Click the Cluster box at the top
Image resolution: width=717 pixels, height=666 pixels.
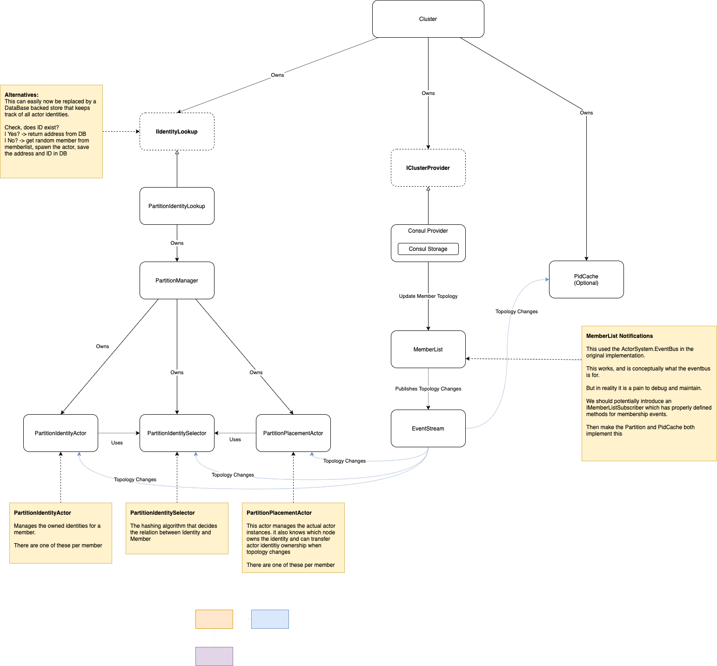pyautogui.click(x=428, y=19)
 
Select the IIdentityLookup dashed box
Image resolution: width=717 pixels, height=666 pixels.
pyautogui.click(x=177, y=132)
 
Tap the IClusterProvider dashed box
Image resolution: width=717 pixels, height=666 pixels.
pyautogui.click(x=428, y=168)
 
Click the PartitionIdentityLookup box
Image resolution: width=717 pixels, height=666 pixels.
pyautogui.click(x=177, y=206)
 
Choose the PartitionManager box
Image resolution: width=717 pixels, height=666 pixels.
pyautogui.click(x=177, y=281)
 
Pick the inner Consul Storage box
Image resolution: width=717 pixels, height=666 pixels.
pyautogui.click(x=428, y=249)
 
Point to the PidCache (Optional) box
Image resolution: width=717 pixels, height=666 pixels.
pyautogui.click(x=586, y=280)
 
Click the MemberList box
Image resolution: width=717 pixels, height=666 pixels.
pyautogui.click(x=428, y=350)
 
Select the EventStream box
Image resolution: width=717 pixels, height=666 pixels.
pyautogui.click(x=428, y=429)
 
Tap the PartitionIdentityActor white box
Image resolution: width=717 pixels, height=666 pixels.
pyautogui.click(x=60, y=433)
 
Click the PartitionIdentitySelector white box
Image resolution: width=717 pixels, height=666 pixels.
pyautogui.click(x=177, y=433)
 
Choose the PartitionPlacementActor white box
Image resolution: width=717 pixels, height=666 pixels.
pyautogui.click(x=293, y=433)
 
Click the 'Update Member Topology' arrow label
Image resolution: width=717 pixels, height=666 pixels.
pyautogui.click(x=428, y=296)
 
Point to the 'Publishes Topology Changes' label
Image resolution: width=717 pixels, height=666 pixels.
pyautogui.click(x=428, y=389)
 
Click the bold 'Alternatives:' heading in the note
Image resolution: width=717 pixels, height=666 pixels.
pyautogui.click(x=21, y=95)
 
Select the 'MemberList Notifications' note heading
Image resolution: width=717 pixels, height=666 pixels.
pyautogui.click(x=619, y=336)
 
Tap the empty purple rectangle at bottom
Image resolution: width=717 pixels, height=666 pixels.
pyautogui.click(x=214, y=656)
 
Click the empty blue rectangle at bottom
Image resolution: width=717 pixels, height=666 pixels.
pyautogui.click(x=270, y=619)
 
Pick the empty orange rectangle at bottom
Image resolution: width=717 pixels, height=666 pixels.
pyautogui.click(x=214, y=619)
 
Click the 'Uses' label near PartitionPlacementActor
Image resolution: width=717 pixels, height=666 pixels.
pyautogui.click(x=235, y=439)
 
